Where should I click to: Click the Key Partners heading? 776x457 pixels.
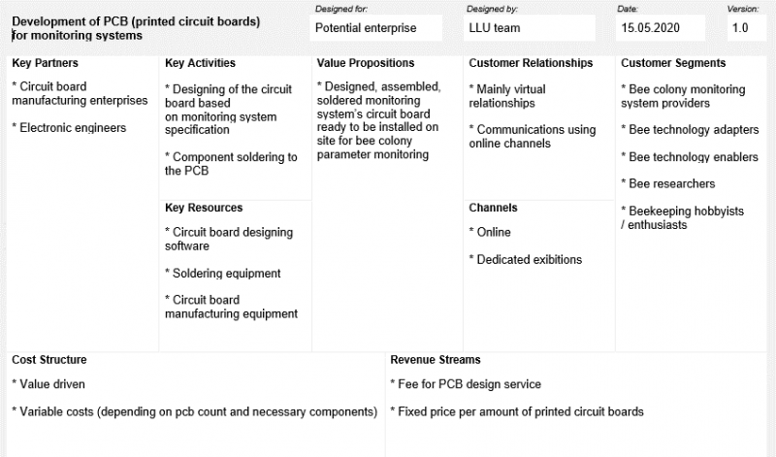45,63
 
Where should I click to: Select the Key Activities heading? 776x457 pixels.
200,63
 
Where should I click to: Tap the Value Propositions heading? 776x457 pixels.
366,63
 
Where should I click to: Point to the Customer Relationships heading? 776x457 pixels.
531,63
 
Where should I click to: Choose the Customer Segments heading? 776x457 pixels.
673,63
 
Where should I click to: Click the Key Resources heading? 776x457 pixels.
204,208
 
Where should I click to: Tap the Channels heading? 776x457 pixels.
493,208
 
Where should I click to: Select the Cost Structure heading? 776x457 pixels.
49,359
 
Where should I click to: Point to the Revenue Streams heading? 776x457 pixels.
435,359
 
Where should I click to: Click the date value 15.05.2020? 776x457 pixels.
650,28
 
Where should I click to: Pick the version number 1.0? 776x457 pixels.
740,28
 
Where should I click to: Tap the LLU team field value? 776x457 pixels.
495,28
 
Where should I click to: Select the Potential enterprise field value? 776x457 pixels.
366,28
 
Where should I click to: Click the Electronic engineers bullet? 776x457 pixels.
69,128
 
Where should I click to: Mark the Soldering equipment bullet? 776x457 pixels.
223,274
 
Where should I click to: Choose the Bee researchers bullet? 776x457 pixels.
668,183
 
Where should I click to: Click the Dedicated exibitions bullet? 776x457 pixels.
525,259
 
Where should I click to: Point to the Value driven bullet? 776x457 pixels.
48,384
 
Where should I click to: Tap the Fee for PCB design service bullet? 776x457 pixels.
466,384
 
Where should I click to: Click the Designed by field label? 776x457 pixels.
492,9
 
